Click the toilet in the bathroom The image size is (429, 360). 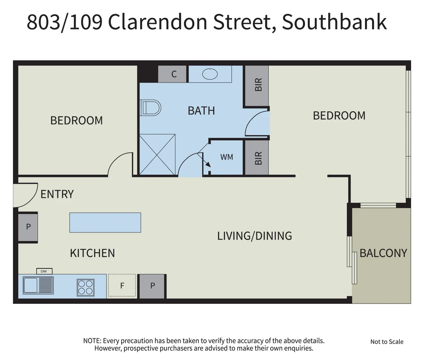point(151,107)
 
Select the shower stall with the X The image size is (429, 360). point(157,155)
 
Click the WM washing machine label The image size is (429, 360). point(227,157)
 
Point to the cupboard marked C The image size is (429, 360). point(174,74)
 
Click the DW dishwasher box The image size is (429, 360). point(44,271)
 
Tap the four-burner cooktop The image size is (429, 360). point(85,287)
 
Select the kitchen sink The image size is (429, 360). point(38,286)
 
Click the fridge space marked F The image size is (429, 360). point(122,286)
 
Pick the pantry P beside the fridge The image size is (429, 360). point(152,286)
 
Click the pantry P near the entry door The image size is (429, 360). point(28,227)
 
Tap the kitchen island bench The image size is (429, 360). point(105,222)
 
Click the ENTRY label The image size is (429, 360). point(57,194)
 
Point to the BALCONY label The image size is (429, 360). point(383,253)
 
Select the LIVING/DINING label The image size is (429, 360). point(254,236)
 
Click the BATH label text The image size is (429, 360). point(201,111)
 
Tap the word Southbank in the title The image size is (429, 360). point(334,22)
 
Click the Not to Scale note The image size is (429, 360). point(387,342)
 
